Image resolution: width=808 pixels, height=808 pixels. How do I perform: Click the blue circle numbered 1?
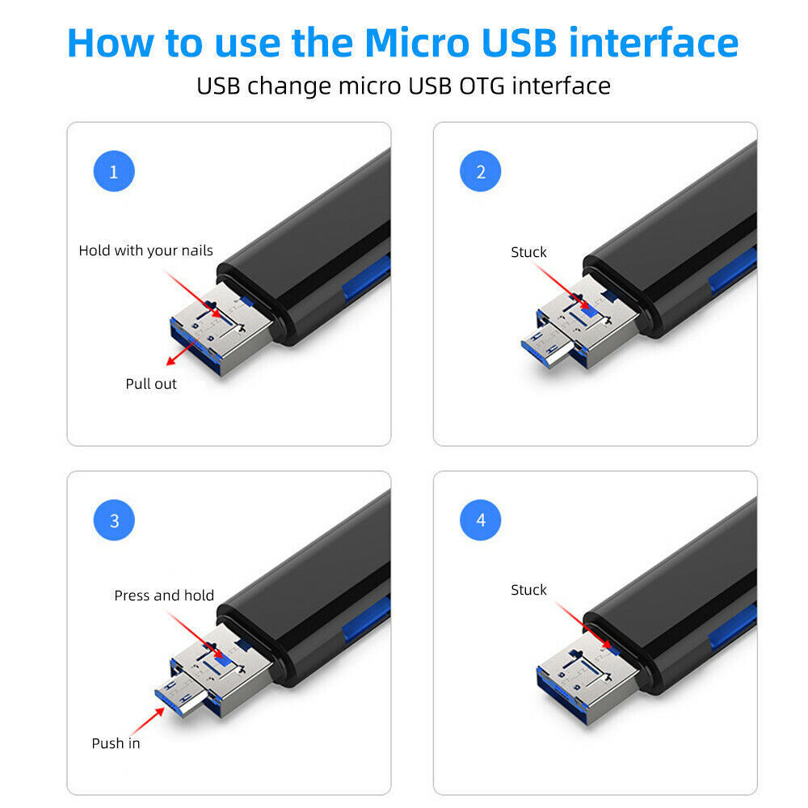click(x=113, y=172)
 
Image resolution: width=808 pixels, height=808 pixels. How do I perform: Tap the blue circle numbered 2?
click(x=481, y=172)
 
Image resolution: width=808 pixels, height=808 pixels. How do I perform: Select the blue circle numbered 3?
click(x=113, y=521)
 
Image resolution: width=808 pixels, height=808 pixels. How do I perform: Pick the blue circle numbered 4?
click(x=481, y=521)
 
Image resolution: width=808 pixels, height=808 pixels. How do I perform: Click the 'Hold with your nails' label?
click(x=145, y=250)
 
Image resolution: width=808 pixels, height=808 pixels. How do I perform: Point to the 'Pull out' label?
click(x=151, y=384)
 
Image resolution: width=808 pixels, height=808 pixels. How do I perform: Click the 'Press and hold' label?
click(x=164, y=595)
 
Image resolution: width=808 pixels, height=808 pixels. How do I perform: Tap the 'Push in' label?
click(x=116, y=743)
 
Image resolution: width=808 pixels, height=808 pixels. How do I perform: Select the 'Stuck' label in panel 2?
click(x=528, y=252)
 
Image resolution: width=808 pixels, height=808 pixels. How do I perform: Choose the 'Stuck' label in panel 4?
click(x=528, y=590)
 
